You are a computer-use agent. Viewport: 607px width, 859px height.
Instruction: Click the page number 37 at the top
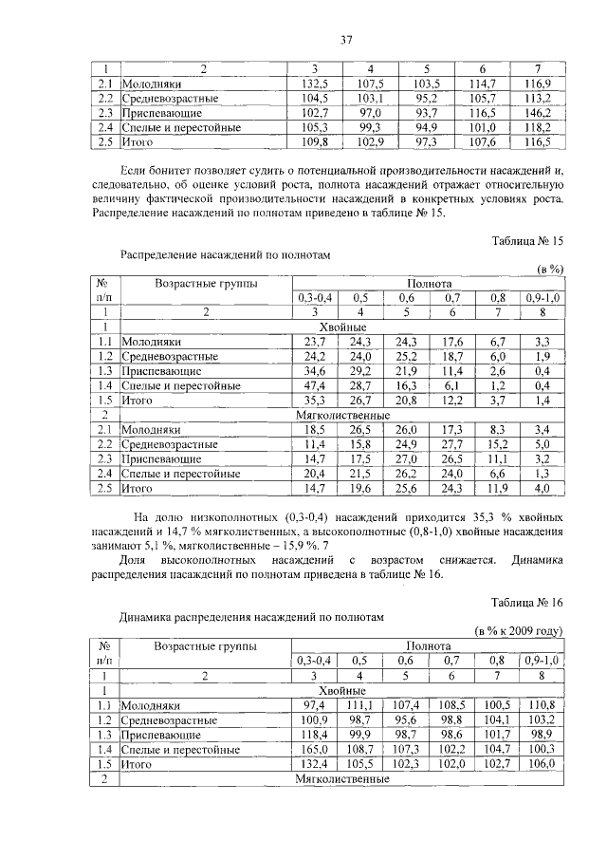pos(346,39)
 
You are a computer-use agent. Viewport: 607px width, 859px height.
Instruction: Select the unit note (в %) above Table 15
pos(549,270)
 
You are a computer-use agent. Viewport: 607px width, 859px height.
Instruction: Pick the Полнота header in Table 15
pos(429,283)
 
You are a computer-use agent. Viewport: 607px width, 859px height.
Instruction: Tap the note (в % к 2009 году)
pos(519,630)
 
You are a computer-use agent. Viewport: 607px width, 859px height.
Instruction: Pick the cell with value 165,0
pos(313,748)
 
